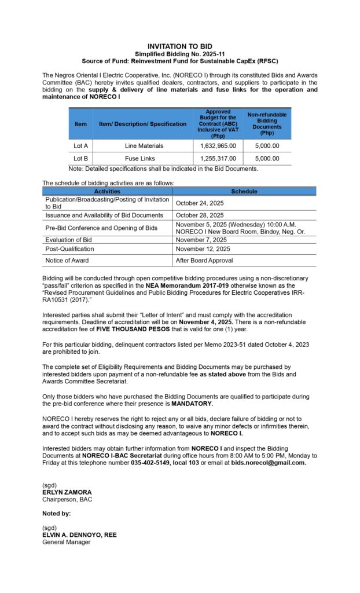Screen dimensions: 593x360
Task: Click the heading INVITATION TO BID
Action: [x=180, y=46]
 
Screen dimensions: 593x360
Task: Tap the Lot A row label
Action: [x=80, y=146]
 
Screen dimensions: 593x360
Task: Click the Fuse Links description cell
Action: [x=144, y=158]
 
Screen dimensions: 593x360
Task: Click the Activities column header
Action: [x=107, y=191]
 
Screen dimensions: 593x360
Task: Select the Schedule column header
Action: [x=244, y=191]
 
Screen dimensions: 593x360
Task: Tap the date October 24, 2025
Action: [x=200, y=203]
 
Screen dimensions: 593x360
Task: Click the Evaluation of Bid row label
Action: [x=68, y=240]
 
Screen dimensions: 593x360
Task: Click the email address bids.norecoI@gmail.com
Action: [x=269, y=463]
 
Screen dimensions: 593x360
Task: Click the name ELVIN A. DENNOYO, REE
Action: [x=79, y=535]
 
